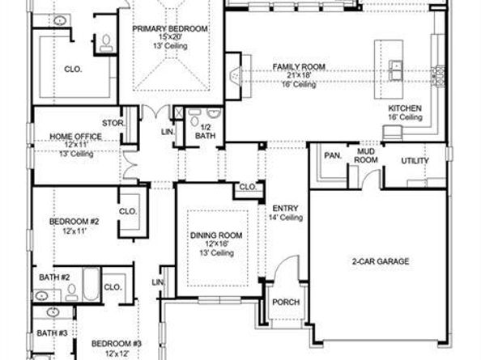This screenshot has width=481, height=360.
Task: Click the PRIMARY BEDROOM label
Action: click(x=169, y=29)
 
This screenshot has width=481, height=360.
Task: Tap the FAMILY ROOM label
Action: click(x=299, y=67)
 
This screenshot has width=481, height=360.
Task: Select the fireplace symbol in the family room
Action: click(x=236, y=76)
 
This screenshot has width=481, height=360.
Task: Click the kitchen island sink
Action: click(x=396, y=70)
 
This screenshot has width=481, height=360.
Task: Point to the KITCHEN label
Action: click(x=405, y=108)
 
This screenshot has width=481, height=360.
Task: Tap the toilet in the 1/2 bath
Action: click(x=194, y=118)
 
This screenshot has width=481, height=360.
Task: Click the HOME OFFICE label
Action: click(x=76, y=137)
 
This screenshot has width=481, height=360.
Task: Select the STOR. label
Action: click(x=113, y=123)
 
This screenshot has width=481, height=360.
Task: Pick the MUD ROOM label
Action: click(x=366, y=155)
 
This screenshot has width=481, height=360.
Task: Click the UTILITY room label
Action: click(x=415, y=161)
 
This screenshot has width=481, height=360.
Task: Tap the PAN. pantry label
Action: click(x=333, y=155)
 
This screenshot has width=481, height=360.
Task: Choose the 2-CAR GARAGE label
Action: click(x=381, y=261)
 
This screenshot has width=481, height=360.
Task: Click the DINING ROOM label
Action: click(x=216, y=235)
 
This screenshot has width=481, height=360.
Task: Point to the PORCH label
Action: click(x=286, y=302)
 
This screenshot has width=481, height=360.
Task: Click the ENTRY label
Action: click(x=285, y=209)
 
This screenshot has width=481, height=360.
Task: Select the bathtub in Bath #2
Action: click(x=92, y=285)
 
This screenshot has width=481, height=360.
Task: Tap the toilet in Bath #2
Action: click(x=71, y=292)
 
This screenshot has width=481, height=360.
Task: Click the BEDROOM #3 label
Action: click(x=117, y=344)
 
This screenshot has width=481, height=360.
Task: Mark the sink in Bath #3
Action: click(x=53, y=312)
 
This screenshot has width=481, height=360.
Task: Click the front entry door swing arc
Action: click(x=283, y=263)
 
